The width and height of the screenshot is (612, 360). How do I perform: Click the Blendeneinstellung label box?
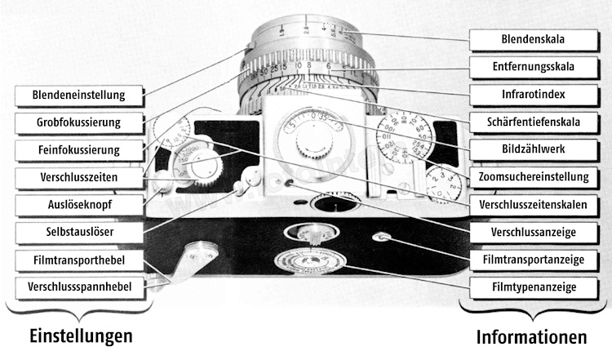78,94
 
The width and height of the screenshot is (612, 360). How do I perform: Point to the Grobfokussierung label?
78,122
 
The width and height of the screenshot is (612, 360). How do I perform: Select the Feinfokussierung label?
78,149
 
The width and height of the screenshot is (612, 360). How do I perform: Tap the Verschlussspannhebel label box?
78,287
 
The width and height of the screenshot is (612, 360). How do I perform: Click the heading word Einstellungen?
81,336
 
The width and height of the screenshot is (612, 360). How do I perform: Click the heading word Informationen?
531,336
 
